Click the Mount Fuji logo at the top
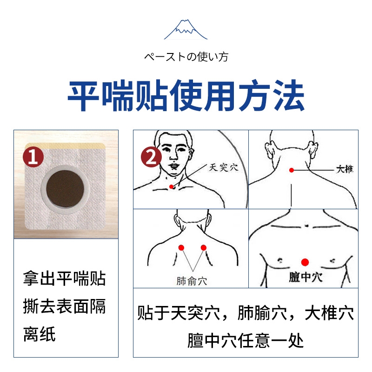click(186, 29)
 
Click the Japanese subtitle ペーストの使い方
click(186, 57)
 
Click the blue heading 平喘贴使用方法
click(186, 96)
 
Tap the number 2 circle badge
click(152, 158)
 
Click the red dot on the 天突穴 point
click(172, 186)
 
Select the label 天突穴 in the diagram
click(223, 167)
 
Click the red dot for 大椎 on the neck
click(292, 170)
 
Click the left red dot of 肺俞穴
click(181, 247)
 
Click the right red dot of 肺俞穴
click(203, 247)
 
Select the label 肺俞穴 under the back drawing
click(192, 281)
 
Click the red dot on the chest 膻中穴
click(305, 262)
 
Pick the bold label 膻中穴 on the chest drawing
click(305, 278)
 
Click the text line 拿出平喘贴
click(64, 279)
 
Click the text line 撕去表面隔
click(64, 306)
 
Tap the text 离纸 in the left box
click(40, 334)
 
